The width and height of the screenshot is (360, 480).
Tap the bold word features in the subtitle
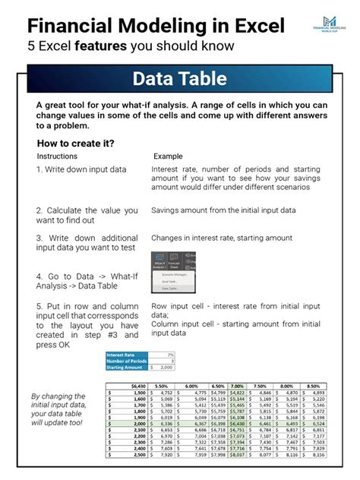[x=113, y=48]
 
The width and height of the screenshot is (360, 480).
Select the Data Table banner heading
[x=179, y=79]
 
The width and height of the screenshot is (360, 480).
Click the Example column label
[x=169, y=156]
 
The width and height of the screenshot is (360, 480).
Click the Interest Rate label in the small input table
[x=122, y=355]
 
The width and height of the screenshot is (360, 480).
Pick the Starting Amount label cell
[x=125, y=367]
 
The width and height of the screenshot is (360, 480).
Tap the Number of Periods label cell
[x=125, y=361]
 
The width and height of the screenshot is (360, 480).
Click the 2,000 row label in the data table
[x=137, y=423]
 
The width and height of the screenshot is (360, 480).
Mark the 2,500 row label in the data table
[x=137, y=454]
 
